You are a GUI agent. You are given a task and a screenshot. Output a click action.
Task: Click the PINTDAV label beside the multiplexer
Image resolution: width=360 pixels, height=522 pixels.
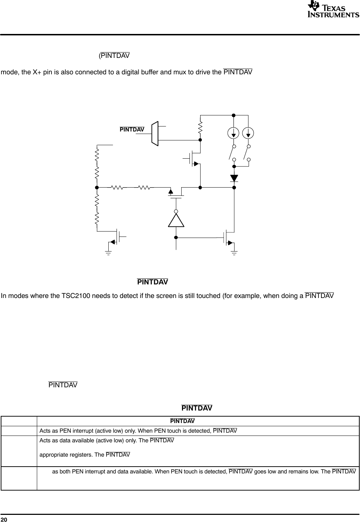pyautogui.click(x=132, y=129)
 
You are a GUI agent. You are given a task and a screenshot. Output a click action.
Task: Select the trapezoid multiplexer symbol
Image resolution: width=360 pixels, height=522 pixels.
pyautogui.click(x=155, y=134)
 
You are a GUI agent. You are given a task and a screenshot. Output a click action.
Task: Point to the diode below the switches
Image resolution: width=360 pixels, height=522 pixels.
pyautogui.click(x=234, y=178)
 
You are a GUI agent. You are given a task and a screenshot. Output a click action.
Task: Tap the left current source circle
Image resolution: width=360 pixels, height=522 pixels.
pyautogui.click(x=234, y=133)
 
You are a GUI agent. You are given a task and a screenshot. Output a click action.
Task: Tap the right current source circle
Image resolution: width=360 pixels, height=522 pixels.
pyautogui.click(x=248, y=133)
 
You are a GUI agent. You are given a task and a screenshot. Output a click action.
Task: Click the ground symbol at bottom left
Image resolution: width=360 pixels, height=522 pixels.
pyautogui.click(x=108, y=253)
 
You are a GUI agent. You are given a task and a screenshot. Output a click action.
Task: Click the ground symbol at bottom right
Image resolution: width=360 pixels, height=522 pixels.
pyautogui.click(x=234, y=253)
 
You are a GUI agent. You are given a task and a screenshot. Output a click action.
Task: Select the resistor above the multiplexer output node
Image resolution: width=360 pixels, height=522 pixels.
pyautogui.click(x=201, y=127)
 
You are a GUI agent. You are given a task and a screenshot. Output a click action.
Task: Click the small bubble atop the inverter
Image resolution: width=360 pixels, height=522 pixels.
pyautogui.click(x=176, y=211)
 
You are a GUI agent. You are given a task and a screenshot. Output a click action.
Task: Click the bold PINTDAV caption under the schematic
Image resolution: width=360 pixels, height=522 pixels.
pyautogui.click(x=153, y=282)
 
